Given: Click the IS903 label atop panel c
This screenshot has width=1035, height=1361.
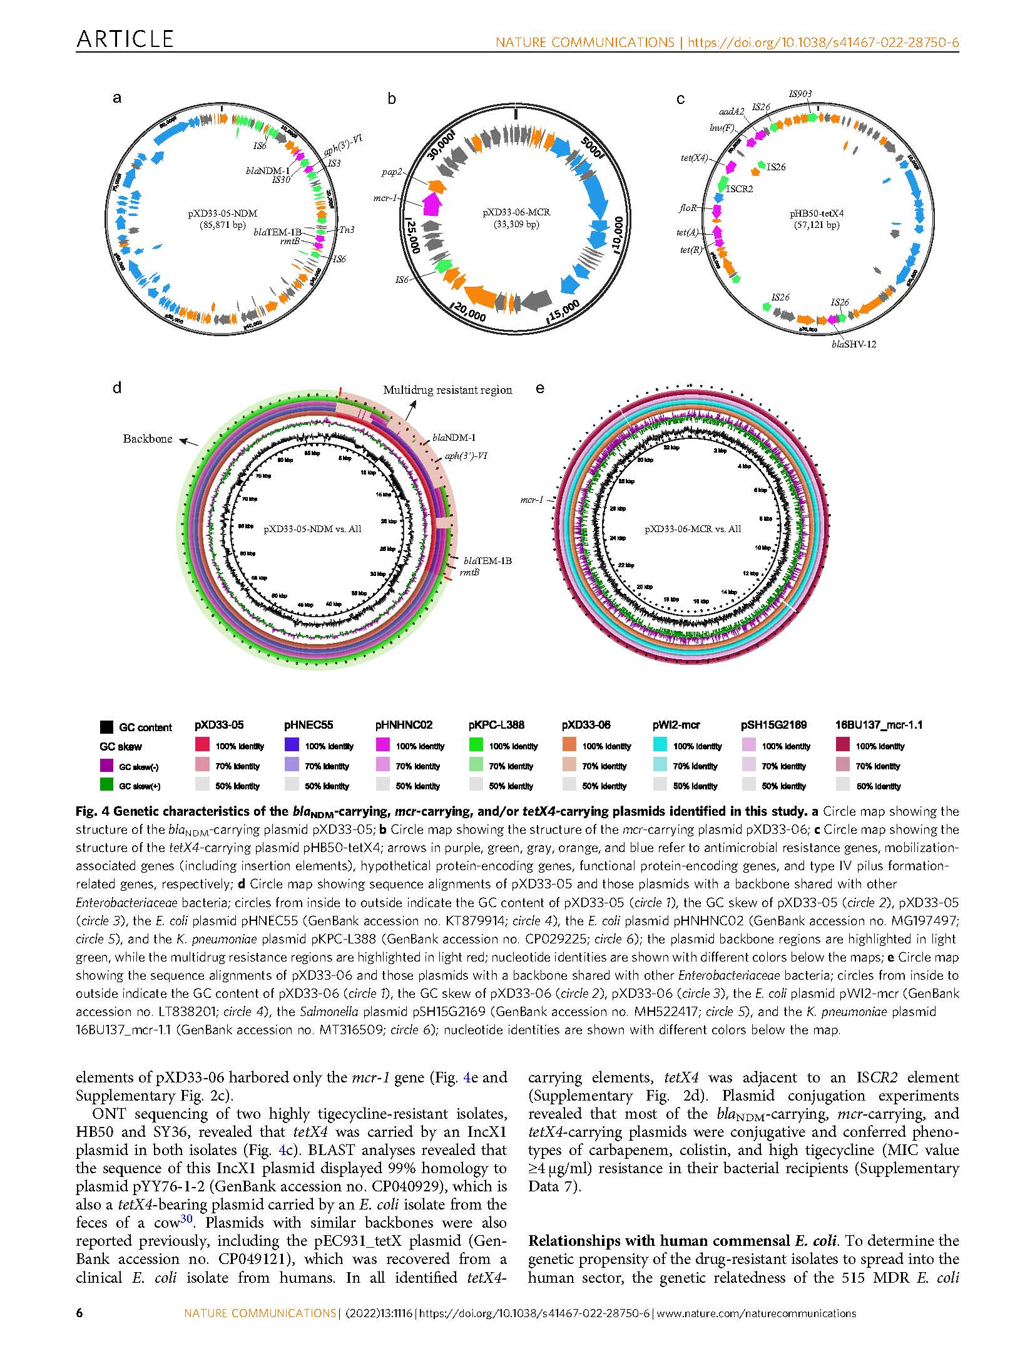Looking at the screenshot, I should (800, 94).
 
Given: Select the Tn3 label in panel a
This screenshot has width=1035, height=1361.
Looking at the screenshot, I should (346, 230).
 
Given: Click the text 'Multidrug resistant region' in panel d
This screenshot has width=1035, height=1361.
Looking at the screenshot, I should (447, 390).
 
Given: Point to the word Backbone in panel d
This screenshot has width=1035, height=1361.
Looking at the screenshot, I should (147, 438).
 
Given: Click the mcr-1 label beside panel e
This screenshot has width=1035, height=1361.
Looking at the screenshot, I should (532, 500).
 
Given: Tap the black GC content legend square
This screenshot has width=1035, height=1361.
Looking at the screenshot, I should (107, 727).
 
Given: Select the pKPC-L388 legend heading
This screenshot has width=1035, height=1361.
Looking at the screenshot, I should (496, 725).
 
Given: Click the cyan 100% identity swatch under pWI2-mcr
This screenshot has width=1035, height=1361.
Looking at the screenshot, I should (661, 746).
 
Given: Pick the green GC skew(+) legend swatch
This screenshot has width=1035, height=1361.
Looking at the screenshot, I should (107, 785).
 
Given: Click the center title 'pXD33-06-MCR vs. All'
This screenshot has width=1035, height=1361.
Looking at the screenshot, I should (693, 528).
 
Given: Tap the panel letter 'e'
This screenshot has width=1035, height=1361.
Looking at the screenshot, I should (540, 388).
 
